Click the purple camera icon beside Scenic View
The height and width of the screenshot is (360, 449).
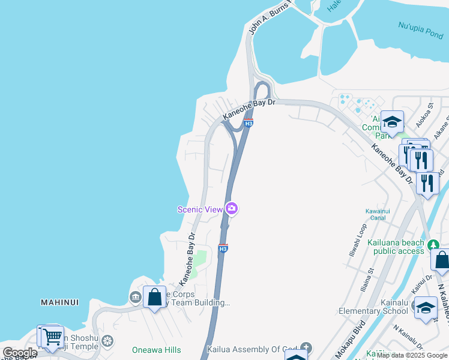tap(232, 209)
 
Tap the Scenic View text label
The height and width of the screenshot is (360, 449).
tap(200, 209)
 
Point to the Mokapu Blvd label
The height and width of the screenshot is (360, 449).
tap(359, 339)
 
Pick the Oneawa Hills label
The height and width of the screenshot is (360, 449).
tap(156, 350)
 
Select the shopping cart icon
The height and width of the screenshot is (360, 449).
tap(52, 337)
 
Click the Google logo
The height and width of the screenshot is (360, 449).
tap(19, 353)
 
